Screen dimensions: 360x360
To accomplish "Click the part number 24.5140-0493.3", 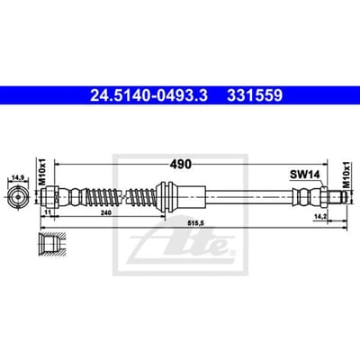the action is pos(148,95).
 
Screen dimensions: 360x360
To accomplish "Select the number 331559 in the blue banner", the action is pos(255,95).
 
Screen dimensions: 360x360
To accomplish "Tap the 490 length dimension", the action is pos(180,164).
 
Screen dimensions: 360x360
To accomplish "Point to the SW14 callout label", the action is pos(304,175).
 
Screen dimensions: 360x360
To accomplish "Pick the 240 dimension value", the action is pos(106,212).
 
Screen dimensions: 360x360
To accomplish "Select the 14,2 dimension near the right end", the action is pos(319,216).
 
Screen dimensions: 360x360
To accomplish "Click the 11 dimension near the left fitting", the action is pos(47,212).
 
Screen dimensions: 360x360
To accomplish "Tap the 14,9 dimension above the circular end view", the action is pos(18,177).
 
